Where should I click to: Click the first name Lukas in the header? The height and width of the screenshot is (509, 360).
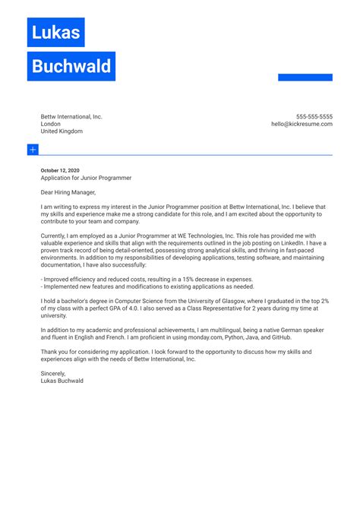[x=55, y=33]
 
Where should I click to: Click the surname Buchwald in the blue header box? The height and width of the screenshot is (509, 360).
[x=71, y=67]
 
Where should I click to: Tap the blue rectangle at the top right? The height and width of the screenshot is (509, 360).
[x=305, y=77]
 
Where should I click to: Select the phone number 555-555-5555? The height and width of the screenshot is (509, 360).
[x=314, y=117]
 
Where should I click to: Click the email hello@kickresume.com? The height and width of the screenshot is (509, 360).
[x=302, y=125]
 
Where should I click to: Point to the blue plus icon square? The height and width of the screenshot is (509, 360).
[x=33, y=150]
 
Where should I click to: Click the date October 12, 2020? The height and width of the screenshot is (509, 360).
[x=60, y=171]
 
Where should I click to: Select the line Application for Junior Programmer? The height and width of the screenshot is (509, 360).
[x=86, y=179]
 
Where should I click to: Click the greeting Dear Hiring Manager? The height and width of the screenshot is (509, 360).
[x=74, y=193]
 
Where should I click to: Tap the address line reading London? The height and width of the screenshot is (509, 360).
[x=51, y=125]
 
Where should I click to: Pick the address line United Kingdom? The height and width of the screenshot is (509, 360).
[x=62, y=131]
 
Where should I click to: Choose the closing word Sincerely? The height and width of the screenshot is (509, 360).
[x=54, y=373]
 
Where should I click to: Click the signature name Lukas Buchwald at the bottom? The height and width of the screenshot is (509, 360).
[x=62, y=381]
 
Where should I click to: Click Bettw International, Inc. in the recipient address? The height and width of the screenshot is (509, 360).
[x=71, y=117]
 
